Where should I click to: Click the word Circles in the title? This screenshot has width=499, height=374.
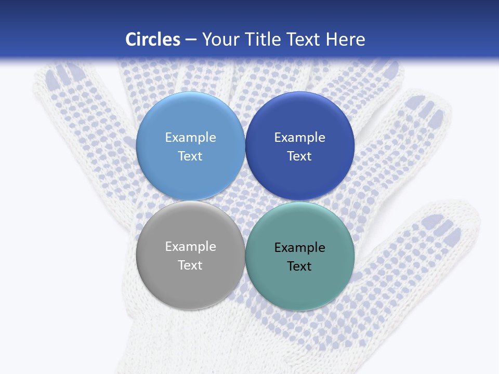point(153,39)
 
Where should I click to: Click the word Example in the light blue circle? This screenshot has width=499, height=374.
point(190,137)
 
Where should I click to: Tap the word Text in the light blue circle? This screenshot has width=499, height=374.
point(190,156)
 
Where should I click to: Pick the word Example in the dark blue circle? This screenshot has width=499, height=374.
point(299,137)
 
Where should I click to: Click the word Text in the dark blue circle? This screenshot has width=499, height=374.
point(299,156)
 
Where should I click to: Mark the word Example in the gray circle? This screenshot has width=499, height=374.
point(190,246)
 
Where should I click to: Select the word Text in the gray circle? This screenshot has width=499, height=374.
point(190,265)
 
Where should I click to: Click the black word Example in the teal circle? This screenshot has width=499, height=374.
point(299,247)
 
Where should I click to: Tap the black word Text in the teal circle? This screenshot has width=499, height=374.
point(299,266)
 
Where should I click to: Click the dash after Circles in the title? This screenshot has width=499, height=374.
point(191,39)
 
